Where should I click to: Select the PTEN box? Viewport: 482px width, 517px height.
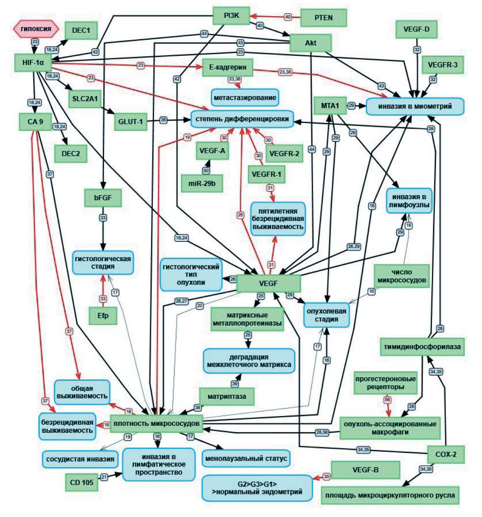click(323, 18)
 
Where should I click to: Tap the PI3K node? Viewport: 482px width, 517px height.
click(231, 15)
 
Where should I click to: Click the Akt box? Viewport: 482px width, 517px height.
click(310, 43)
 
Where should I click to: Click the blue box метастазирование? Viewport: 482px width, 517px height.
click(245, 97)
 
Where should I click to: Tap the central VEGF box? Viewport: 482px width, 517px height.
click(268, 284)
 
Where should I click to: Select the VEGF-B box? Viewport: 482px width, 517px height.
click(365, 470)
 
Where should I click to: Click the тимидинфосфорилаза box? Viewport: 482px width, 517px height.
click(422, 347)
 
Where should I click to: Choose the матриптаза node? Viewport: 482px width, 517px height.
click(227, 395)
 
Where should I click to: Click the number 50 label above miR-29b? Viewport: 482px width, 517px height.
click(205, 170)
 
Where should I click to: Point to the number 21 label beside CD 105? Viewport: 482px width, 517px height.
click(103, 476)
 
